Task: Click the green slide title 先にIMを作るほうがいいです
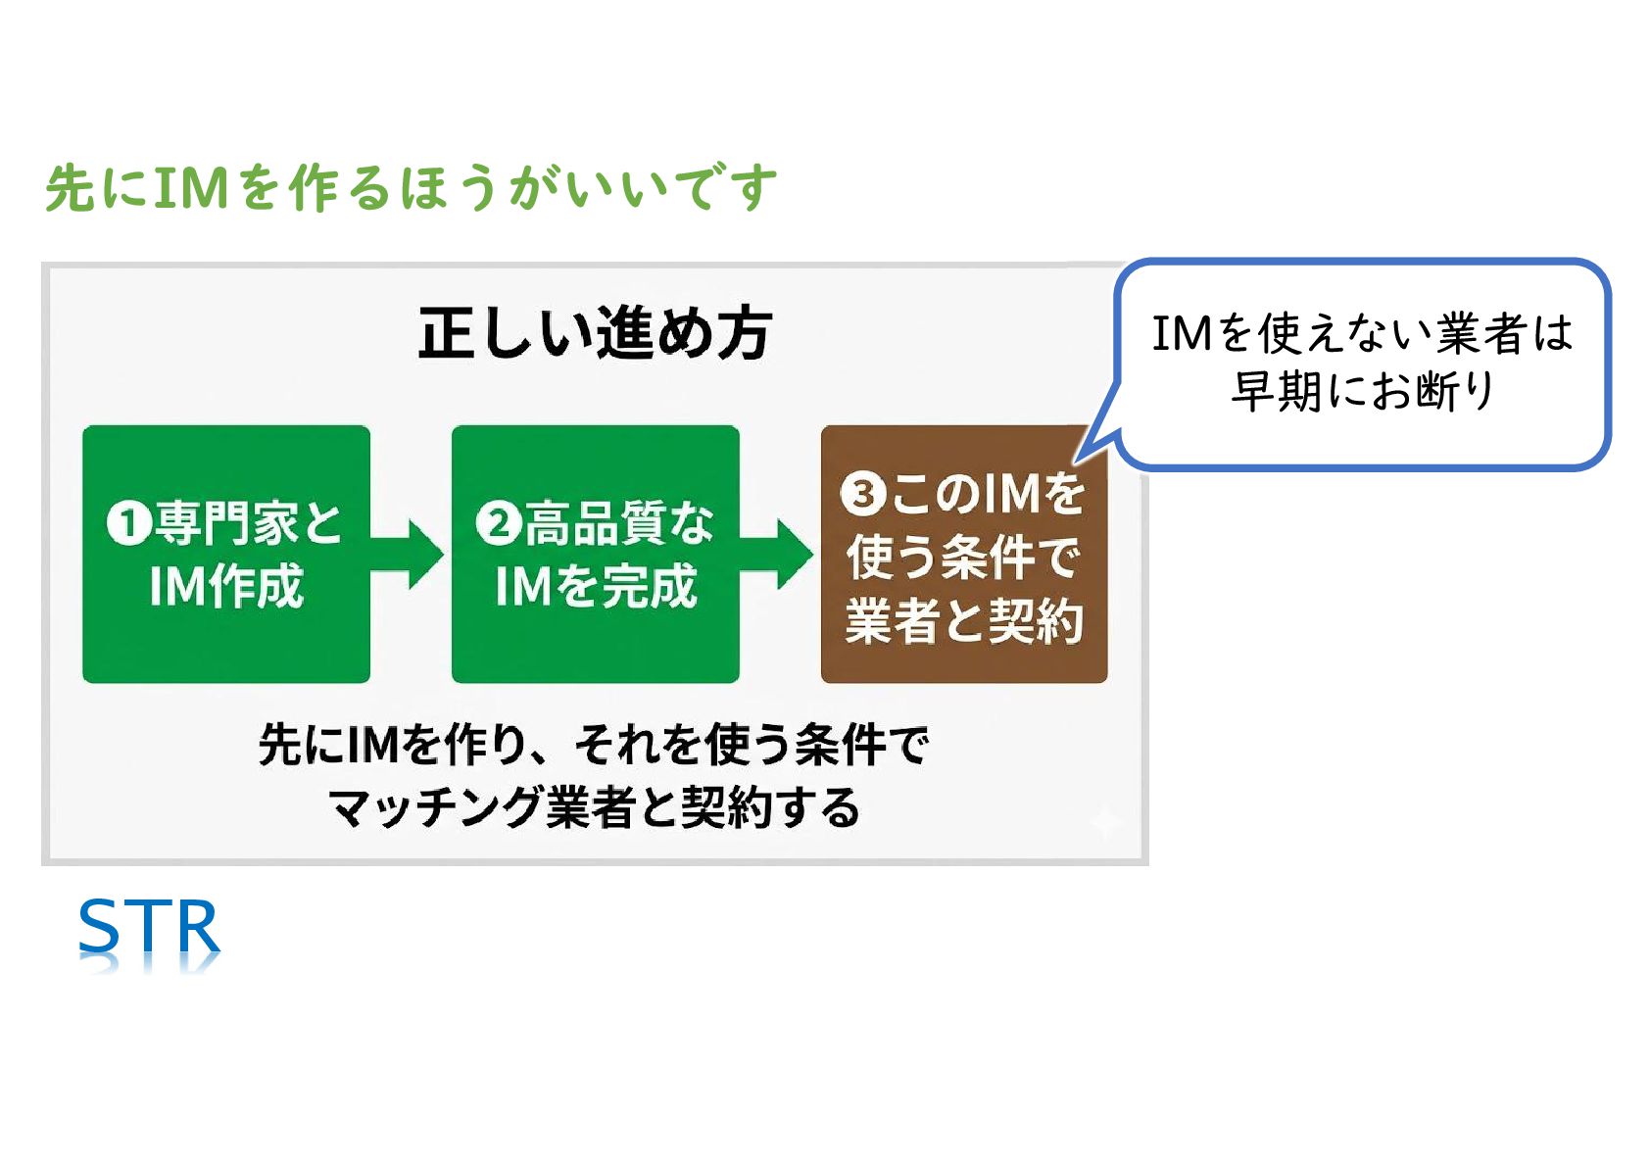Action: (x=412, y=187)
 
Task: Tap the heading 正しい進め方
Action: (x=595, y=333)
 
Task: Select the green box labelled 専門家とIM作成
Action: (x=226, y=554)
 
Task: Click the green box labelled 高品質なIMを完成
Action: (x=595, y=554)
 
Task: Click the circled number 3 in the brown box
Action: (x=863, y=494)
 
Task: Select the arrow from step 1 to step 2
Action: (x=410, y=554)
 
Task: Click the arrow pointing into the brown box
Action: (x=779, y=554)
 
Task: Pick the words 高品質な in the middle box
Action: (x=620, y=523)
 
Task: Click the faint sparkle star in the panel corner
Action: (x=1106, y=821)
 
